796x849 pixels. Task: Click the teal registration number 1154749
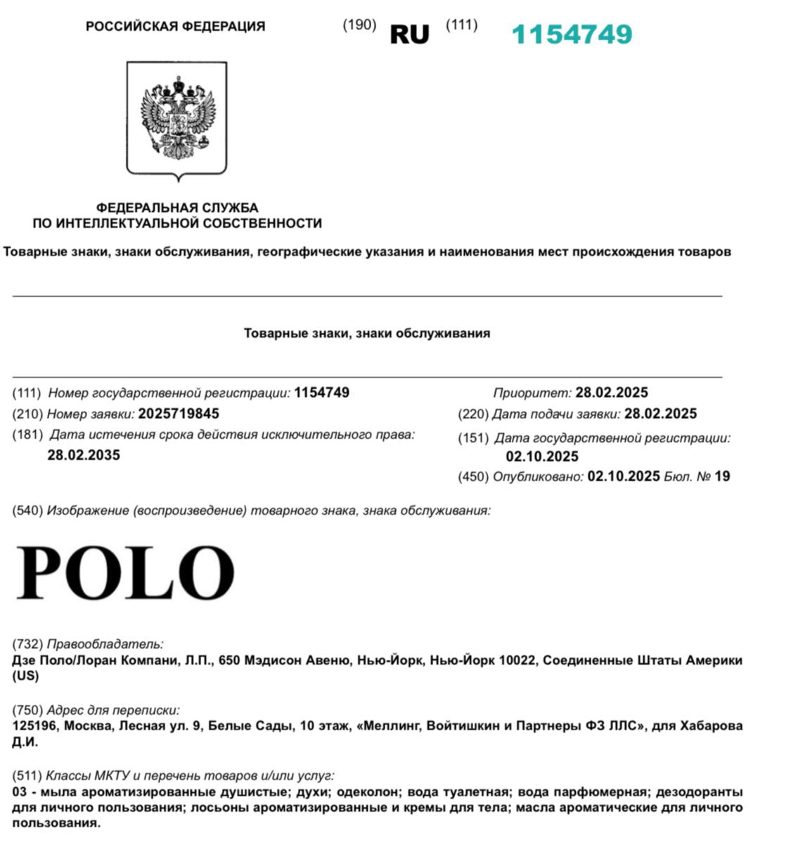[572, 34]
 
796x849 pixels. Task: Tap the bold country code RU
[409, 34]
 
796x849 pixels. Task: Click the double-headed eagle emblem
[176, 117]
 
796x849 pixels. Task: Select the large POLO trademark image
[126, 572]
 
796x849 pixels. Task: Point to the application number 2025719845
[179, 414]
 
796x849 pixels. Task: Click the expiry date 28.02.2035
[84, 455]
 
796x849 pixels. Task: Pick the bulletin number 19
[722, 476]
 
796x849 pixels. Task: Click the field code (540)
[27, 511]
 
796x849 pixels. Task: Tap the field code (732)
[27, 644]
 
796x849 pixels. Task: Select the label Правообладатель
[105, 644]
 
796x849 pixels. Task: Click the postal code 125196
[34, 725]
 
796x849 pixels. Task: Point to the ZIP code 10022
[517, 660]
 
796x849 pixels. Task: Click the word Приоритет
[532, 392]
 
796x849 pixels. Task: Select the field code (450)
[473, 476]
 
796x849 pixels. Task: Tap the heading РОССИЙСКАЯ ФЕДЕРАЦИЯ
[175, 27]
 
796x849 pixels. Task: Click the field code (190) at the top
[359, 25]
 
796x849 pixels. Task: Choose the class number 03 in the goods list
[19, 792]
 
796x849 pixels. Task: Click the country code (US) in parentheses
[25, 676]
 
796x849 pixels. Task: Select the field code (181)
[27, 435]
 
